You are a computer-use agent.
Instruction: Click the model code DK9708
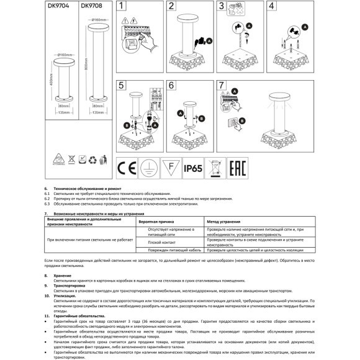click(91, 6)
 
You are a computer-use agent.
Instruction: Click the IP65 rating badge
click(194, 168)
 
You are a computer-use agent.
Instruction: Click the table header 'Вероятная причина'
click(164, 221)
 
